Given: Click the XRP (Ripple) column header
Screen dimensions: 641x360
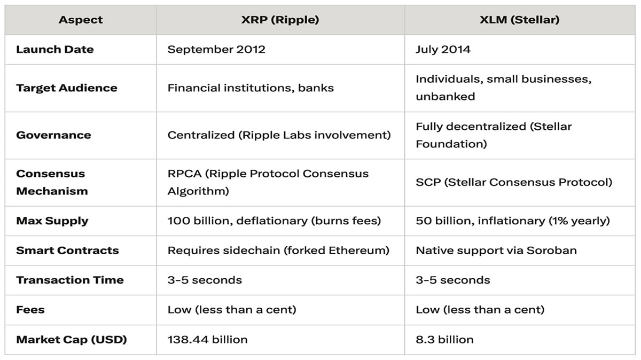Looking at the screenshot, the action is [x=280, y=20].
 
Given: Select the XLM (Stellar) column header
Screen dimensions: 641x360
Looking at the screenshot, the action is [x=519, y=20].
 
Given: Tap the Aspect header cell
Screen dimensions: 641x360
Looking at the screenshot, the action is [x=81, y=20].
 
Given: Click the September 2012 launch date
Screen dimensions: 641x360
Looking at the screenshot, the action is [x=216, y=50].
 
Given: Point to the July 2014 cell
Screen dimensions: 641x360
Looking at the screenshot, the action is [x=443, y=50].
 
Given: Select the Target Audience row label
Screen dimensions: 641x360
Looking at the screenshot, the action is [x=67, y=88].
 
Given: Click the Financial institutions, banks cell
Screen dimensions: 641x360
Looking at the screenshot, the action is [x=251, y=88].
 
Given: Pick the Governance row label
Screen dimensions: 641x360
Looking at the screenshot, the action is [x=53, y=135].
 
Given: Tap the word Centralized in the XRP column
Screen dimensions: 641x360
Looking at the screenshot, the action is [x=201, y=135].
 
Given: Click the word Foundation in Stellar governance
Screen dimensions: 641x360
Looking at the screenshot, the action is [x=451, y=144].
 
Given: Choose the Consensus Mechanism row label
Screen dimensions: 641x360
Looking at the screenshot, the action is [x=52, y=182].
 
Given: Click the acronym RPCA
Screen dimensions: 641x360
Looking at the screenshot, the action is [x=184, y=174].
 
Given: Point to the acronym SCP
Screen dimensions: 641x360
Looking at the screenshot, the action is [x=428, y=182].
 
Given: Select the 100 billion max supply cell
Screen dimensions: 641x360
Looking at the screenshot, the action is [x=274, y=221].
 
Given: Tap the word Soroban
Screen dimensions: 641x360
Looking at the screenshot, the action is [x=552, y=251].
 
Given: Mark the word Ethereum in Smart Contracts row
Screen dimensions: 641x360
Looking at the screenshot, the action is [x=357, y=251].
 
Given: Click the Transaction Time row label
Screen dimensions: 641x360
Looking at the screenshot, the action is [x=70, y=280].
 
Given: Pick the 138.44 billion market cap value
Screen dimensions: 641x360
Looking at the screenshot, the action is [x=207, y=339].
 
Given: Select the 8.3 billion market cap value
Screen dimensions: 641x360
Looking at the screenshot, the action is [x=444, y=339].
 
